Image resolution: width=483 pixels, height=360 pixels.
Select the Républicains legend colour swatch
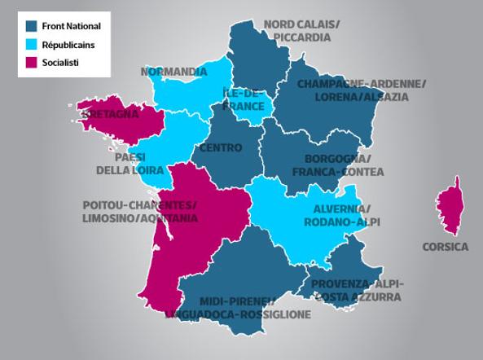point(32,44)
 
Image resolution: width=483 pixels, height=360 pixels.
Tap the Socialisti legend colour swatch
point(32,62)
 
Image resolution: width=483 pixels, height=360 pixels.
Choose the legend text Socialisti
point(60,62)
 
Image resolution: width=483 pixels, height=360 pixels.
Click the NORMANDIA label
point(173,72)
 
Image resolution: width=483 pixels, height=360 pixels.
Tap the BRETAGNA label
point(109,114)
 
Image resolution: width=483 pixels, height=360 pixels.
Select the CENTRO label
point(220,148)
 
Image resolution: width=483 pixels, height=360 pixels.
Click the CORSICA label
point(446,247)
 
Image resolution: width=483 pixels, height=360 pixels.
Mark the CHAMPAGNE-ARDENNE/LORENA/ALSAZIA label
point(362,90)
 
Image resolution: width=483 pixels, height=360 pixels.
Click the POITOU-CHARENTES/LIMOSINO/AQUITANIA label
point(139,212)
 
